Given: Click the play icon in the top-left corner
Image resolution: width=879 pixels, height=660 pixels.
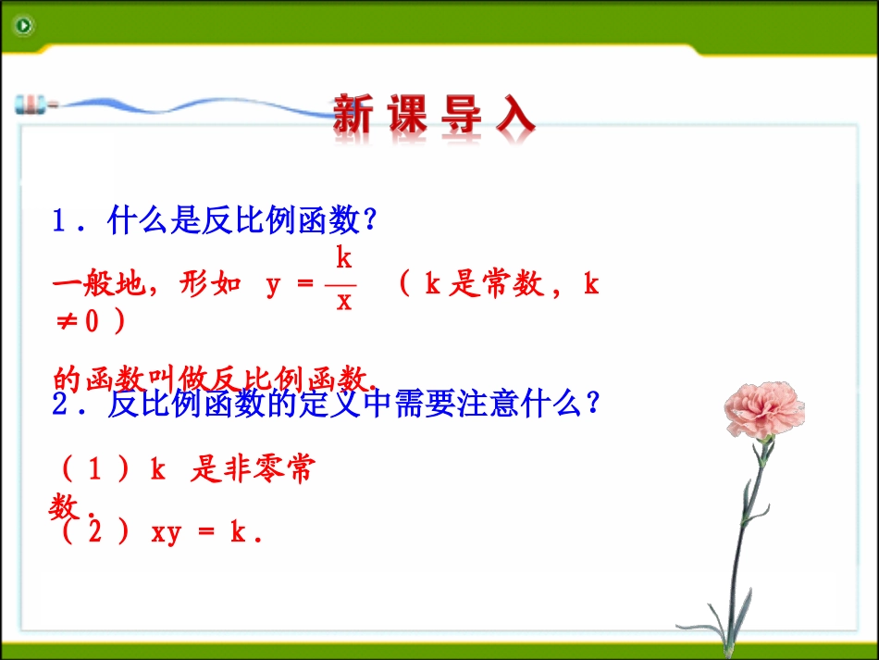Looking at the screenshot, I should pyautogui.click(x=23, y=26).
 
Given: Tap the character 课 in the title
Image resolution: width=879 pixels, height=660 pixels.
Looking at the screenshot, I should pyautogui.click(x=408, y=117).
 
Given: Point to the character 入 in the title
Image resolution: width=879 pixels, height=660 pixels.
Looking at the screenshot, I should pyautogui.click(x=513, y=117).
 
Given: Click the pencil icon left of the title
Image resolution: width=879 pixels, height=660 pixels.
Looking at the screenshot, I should pyautogui.click(x=35, y=104).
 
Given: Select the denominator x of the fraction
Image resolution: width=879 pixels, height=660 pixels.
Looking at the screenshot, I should pyautogui.click(x=343, y=302).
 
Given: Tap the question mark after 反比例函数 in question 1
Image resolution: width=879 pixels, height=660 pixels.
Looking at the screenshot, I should pyautogui.click(x=369, y=221).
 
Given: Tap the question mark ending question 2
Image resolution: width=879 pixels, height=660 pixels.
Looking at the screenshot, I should pyautogui.click(x=593, y=405).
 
